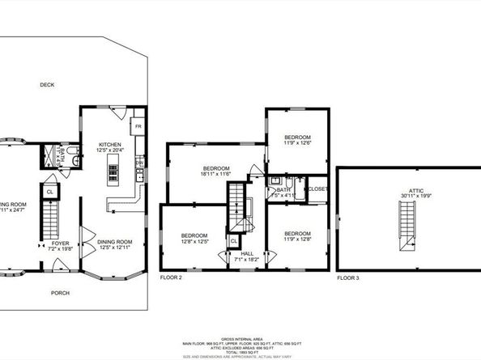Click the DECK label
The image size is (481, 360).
coord(47,84)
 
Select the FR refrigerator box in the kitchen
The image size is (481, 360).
coord(138,127)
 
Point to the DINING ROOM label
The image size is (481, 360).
coord(114,241)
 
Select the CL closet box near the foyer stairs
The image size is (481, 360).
coord(49,192)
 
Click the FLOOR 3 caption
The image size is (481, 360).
coord(349,277)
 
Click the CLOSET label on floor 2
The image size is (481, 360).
coord(317,188)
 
